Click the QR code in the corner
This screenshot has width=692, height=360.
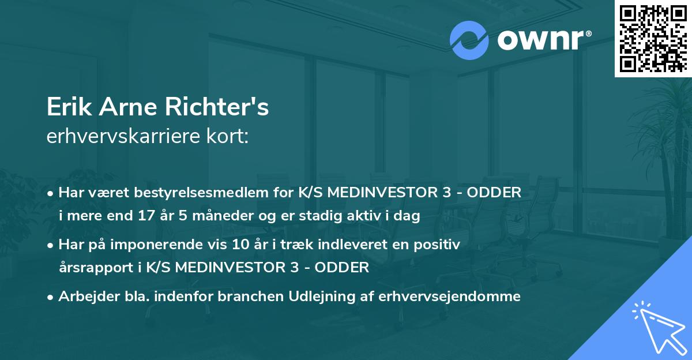[x=653, y=38]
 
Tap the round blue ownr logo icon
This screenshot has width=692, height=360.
[x=469, y=40]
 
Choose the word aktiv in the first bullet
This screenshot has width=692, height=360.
[x=373, y=217]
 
